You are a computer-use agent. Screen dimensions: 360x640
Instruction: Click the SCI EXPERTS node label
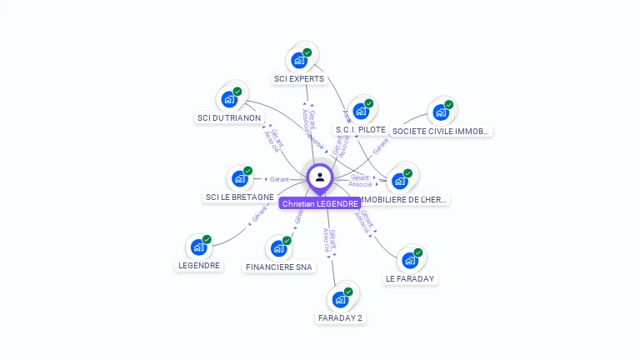click(299, 79)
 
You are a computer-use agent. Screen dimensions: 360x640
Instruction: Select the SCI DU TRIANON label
click(229, 118)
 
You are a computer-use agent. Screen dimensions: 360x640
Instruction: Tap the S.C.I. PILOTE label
click(360, 130)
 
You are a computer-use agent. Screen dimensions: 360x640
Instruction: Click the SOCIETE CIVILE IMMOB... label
click(441, 131)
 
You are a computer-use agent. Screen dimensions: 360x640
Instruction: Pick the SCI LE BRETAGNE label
click(239, 197)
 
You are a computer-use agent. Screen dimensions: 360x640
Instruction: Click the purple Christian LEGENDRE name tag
click(320, 203)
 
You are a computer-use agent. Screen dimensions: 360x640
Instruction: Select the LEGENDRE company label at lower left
click(199, 266)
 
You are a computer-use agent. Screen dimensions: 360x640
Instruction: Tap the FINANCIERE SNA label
click(279, 267)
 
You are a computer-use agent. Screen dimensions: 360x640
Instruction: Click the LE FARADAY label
click(410, 278)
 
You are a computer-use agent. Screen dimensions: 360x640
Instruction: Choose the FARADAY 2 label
click(340, 317)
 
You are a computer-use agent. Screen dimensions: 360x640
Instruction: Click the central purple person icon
click(320, 177)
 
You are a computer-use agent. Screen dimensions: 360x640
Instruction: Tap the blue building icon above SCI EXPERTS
click(299, 60)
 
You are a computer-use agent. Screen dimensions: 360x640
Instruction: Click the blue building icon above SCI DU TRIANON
click(229, 99)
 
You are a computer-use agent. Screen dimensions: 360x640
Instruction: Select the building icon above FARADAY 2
click(340, 299)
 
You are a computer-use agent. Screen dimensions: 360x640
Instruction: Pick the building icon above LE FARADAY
click(410, 260)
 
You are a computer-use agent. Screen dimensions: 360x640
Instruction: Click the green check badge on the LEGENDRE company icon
click(207, 240)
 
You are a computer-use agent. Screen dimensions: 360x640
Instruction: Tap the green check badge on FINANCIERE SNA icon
click(287, 241)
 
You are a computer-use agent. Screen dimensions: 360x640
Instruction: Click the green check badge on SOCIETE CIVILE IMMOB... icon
click(448, 105)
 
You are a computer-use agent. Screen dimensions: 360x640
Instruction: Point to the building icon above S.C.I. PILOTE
click(360, 111)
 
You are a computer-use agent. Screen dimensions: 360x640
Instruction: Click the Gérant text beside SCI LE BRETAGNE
click(278, 179)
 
